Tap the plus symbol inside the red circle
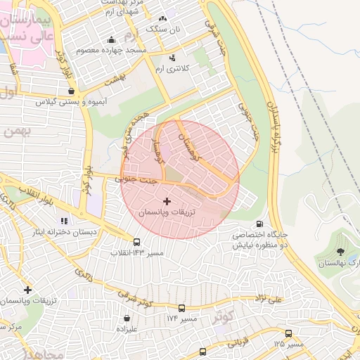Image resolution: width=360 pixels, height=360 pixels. point(166,201)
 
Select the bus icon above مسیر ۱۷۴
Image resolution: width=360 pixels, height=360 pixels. point(182,308)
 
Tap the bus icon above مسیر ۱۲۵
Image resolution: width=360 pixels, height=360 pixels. point(288,333)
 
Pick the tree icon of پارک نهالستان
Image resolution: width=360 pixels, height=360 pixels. point(340,252)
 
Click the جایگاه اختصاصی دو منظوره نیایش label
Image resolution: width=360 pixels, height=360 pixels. point(261,240)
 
